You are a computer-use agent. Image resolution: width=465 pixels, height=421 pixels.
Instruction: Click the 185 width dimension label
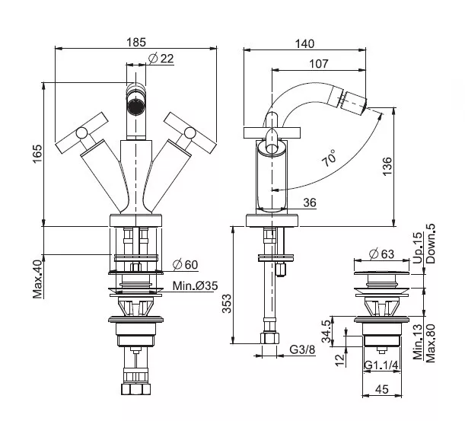[x=136, y=42]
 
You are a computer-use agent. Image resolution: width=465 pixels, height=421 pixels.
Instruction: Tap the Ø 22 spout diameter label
[x=161, y=58]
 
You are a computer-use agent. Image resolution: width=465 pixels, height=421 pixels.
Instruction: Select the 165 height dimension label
[x=37, y=154]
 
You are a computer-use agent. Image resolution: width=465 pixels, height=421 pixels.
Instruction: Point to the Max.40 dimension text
[x=37, y=279]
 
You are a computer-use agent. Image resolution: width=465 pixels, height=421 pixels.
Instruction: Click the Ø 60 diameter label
[x=185, y=265]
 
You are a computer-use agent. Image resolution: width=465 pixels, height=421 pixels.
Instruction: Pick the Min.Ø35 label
[x=195, y=285]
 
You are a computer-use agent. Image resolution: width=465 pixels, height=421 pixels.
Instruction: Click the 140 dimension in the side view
[x=304, y=44]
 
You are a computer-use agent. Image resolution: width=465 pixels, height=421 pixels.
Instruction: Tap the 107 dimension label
[x=319, y=63]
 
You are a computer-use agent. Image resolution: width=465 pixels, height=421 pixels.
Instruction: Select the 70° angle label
[x=330, y=158]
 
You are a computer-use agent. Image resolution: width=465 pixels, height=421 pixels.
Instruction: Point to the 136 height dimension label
[x=387, y=167]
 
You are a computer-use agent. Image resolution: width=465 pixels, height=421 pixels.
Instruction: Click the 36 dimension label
[x=310, y=203]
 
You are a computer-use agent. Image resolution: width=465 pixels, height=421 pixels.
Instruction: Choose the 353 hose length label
[x=227, y=303]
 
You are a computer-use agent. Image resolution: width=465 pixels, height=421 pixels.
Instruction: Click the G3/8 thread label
[x=302, y=349]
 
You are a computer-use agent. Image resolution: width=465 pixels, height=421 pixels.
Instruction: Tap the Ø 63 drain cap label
[x=382, y=254]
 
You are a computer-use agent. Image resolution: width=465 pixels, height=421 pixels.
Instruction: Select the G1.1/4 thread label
[x=381, y=365]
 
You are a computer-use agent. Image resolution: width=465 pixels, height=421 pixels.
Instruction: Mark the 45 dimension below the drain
[x=382, y=389]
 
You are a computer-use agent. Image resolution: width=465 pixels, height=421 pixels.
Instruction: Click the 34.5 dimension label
[x=326, y=331]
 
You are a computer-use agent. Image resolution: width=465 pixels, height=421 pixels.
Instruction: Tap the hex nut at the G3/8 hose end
[x=270, y=338]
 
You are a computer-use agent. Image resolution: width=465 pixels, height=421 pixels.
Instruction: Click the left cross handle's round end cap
[x=81, y=133]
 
